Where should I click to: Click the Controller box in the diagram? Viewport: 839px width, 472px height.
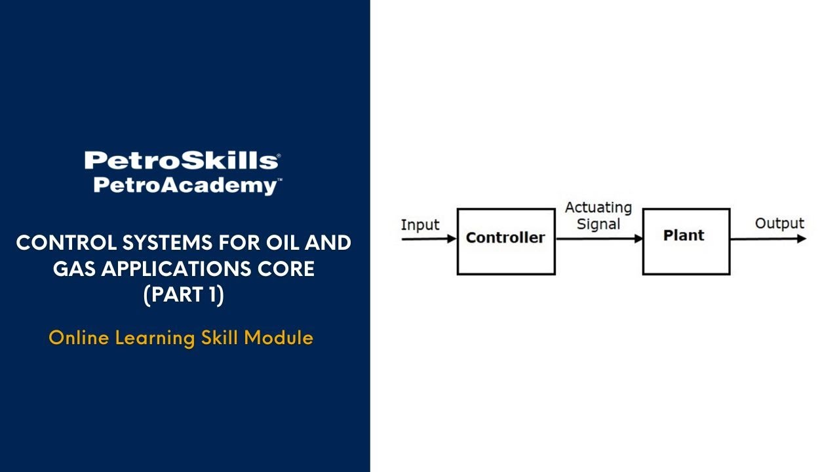click(505, 241)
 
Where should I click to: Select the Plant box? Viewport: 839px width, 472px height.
click(686, 241)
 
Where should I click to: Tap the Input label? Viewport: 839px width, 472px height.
click(419, 225)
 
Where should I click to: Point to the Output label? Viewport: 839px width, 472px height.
click(779, 224)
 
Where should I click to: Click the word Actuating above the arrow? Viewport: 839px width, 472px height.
click(598, 208)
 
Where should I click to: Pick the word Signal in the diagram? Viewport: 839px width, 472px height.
click(598, 224)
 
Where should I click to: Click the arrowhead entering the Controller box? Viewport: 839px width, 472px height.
click(452, 239)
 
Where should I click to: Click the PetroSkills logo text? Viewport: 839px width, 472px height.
click(182, 161)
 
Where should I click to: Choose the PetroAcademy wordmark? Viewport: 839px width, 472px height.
click(187, 186)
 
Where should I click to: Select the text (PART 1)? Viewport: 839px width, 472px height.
click(184, 296)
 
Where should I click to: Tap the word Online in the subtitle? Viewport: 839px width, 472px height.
click(79, 338)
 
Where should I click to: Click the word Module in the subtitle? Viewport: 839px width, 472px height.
click(279, 338)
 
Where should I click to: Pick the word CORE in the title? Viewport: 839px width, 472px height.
click(290, 269)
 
